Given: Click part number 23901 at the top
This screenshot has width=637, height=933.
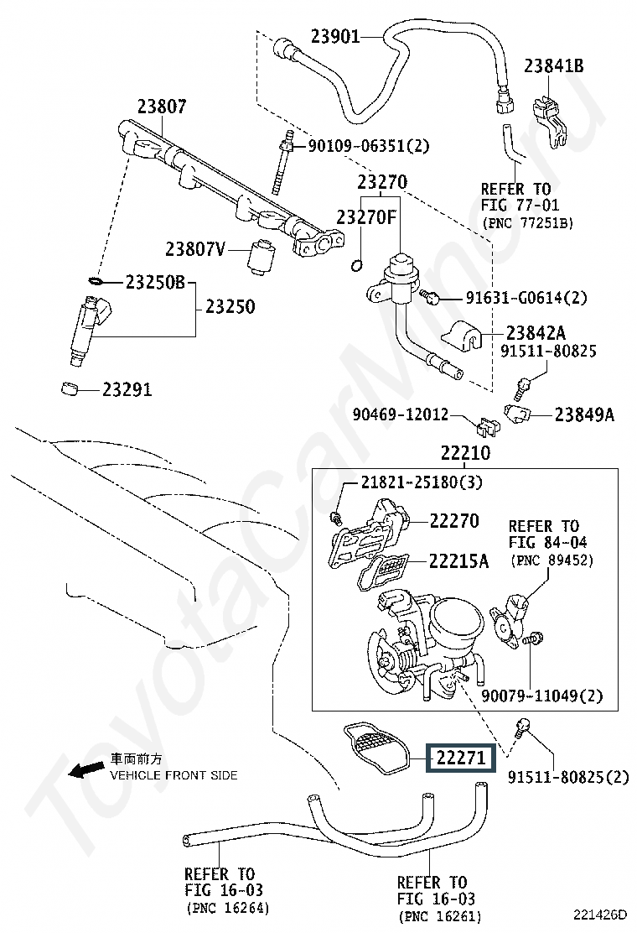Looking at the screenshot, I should (x=335, y=36).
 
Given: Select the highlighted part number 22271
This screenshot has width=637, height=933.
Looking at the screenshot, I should (x=460, y=759).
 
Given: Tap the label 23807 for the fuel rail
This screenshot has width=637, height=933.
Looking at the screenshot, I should (x=163, y=107).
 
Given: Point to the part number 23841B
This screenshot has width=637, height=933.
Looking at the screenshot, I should (x=555, y=66).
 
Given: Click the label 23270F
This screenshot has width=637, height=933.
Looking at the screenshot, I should (x=365, y=216).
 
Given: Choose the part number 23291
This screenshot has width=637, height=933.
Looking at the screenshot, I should (x=127, y=389).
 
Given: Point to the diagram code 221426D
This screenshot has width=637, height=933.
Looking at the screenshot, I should (x=599, y=914).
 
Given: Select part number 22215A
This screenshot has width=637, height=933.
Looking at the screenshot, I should (x=458, y=560).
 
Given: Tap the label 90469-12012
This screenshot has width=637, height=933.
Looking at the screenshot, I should (x=401, y=414).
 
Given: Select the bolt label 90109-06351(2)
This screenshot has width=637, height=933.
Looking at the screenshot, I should (x=369, y=146).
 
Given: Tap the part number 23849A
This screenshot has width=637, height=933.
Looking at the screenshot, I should (x=584, y=414).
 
